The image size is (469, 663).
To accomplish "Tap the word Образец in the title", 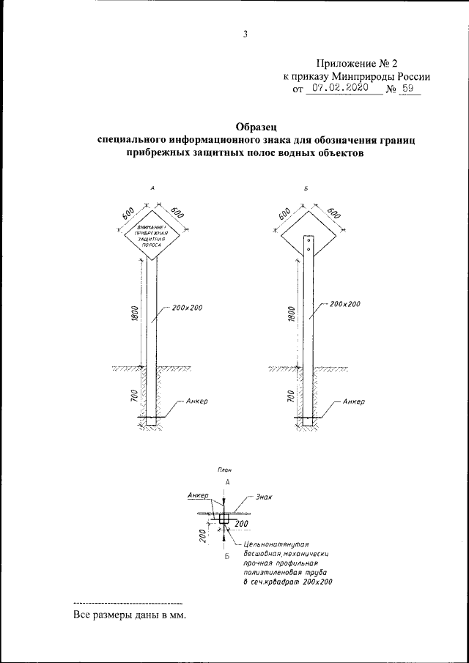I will pyautogui.click(x=256, y=125).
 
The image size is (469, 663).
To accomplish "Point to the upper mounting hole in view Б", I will pyautogui.click(x=309, y=239).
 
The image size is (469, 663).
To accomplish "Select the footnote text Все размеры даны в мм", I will pyautogui.click(x=130, y=615).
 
